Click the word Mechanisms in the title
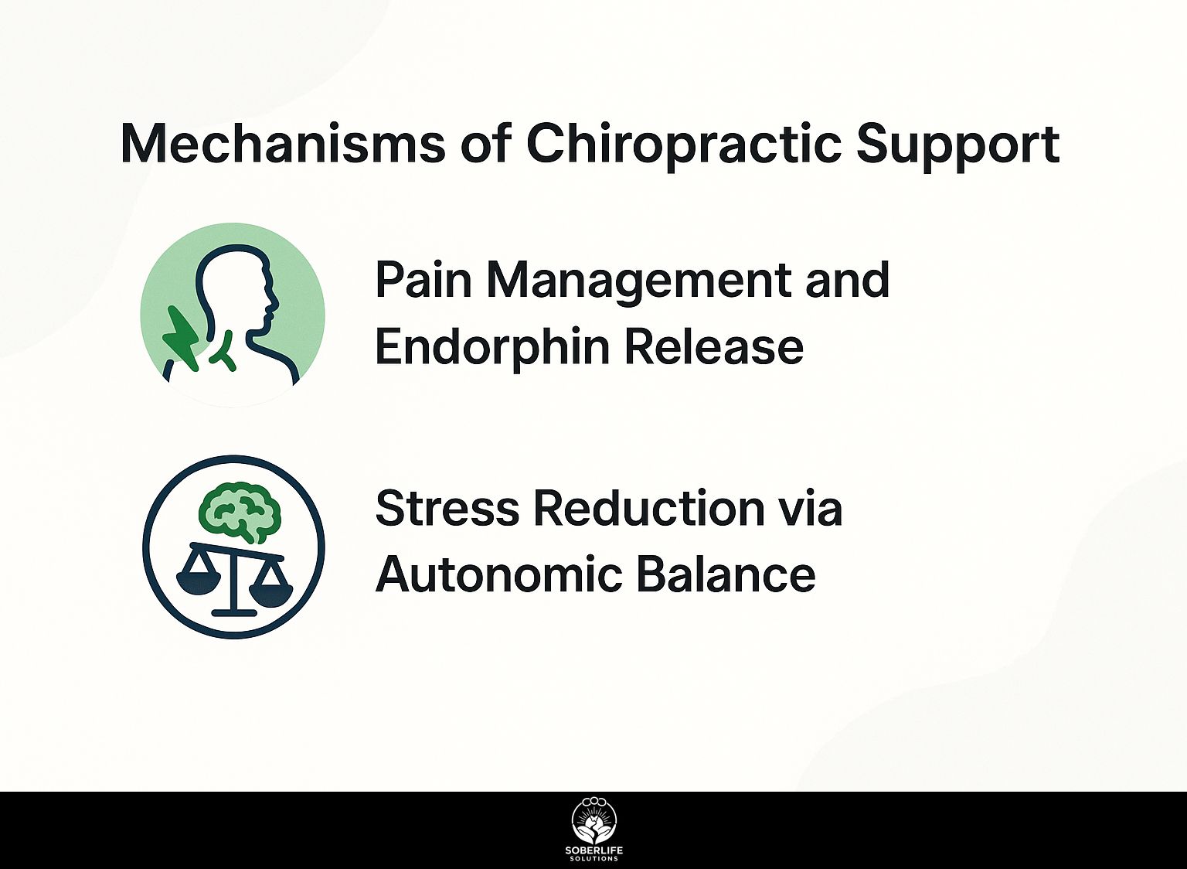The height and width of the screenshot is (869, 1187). (283, 144)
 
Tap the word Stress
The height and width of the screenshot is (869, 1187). (447, 508)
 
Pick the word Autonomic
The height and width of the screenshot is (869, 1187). (498, 574)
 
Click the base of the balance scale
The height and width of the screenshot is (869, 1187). (234, 613)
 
